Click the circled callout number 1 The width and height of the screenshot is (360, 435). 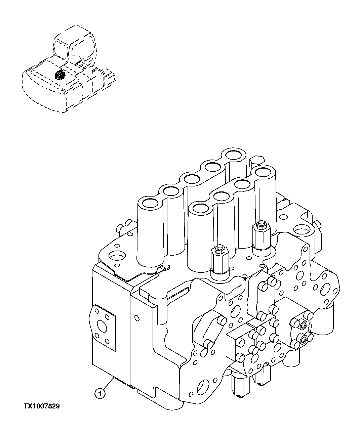[x=100, y=393]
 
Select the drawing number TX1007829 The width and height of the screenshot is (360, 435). [x=41, y=406]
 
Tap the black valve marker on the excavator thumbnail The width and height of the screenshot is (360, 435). [x=60, y=75]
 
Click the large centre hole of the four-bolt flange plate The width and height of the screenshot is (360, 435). [x=101, y=325]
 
